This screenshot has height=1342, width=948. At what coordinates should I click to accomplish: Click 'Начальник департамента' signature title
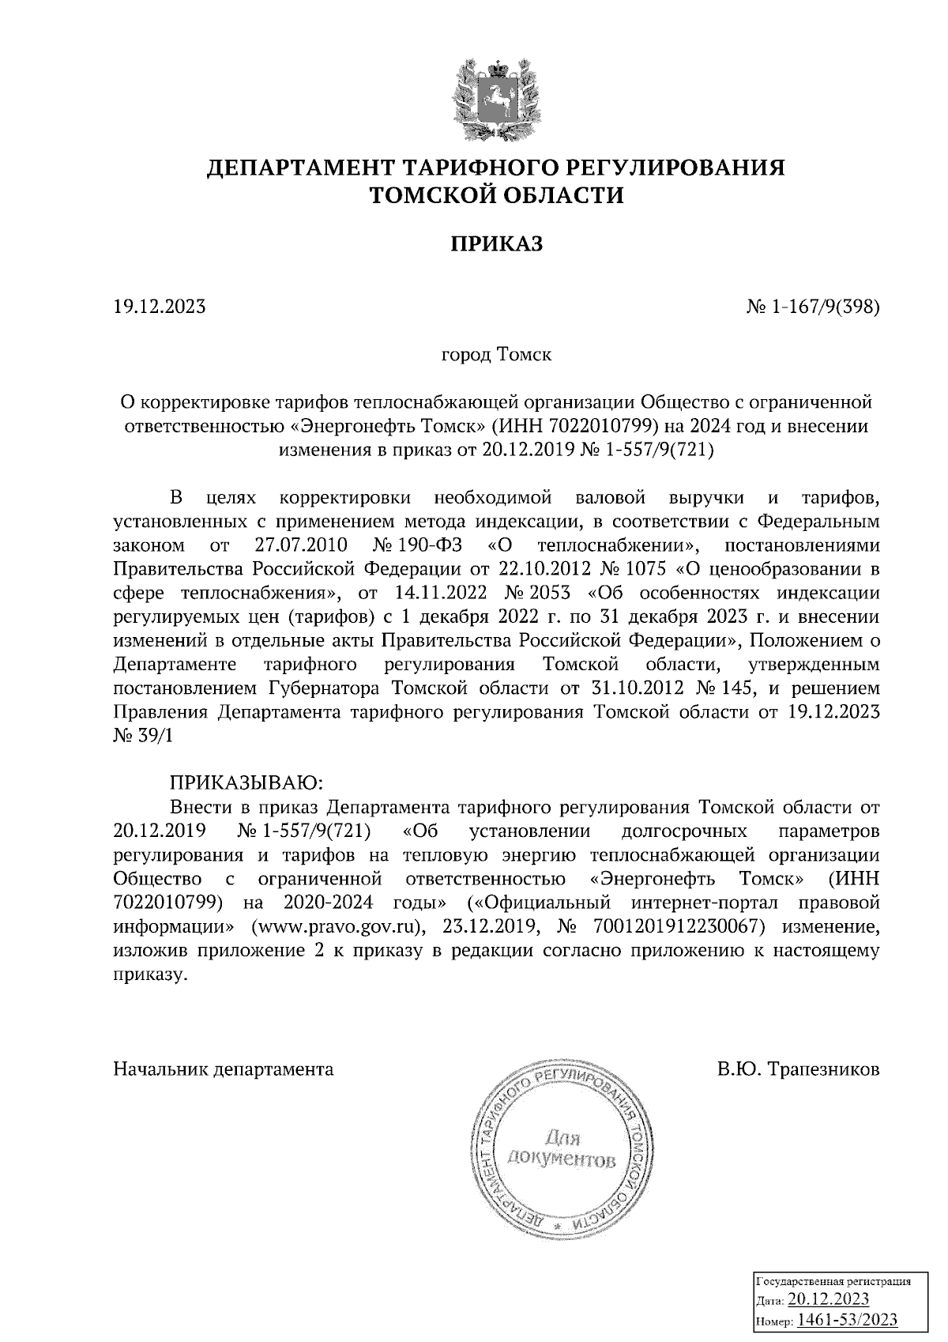(224, 1070)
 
